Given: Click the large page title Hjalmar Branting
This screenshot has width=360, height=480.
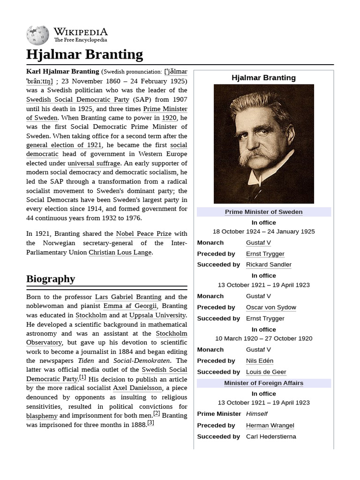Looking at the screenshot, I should (85, 54).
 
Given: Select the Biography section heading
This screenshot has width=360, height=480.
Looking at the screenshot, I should (51, 279).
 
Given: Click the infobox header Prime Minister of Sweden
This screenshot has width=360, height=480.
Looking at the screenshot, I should (263, 212).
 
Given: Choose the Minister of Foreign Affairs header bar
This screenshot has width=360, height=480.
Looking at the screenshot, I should (263, 383).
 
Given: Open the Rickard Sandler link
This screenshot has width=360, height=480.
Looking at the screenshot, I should (269, 264).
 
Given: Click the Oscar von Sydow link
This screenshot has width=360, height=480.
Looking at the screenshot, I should (271, 307).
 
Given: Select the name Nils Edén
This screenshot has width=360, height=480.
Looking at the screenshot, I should (260, 360).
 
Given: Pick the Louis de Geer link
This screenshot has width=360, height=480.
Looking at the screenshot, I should (266, 372).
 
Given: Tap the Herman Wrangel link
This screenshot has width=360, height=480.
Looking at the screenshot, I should (270, 425).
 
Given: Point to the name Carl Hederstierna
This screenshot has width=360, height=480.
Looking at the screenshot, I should (271, 436).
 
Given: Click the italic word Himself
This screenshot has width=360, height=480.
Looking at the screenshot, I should (257, 413).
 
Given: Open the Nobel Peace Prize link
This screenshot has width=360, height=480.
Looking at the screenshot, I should (144, 233).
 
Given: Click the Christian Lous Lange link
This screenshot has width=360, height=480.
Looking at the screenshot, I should (120, 252).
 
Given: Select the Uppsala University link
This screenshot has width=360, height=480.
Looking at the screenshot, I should (157, 315).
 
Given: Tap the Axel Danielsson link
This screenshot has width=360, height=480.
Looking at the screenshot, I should (138, 388).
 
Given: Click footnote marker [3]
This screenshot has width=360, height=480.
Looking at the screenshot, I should (150, 423).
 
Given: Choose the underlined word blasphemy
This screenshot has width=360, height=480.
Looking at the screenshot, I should (42, 416).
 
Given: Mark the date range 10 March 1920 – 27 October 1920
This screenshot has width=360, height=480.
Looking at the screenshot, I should (263, 338).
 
